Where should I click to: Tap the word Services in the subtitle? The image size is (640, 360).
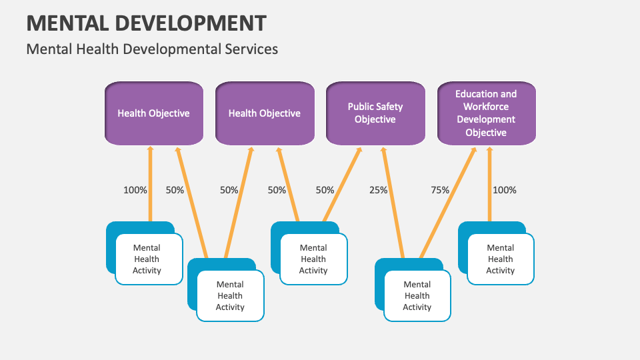click(x=251, y=49)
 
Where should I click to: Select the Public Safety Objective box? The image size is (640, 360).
click(x=375, y=113)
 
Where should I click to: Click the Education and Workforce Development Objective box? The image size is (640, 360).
click(x=486, y=113)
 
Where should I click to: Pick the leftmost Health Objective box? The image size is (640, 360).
click(x=153, y=113)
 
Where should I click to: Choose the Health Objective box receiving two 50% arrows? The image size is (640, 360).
click(x=264, y=113)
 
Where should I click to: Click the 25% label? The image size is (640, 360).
click(x=379, y=190)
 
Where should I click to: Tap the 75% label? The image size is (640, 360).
click(x=440, y=190)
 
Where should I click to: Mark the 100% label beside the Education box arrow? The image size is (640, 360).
click(x=504, y=190)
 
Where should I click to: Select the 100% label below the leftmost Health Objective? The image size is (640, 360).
click(x=135, y=190)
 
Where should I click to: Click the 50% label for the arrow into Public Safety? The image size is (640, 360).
click(x=325, y=190)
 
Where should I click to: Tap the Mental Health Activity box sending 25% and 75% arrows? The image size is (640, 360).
click(x=417, y=296)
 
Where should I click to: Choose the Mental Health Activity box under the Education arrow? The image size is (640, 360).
click(x=500, y=259)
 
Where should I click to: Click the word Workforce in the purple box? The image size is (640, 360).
click(x=486, y=107)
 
